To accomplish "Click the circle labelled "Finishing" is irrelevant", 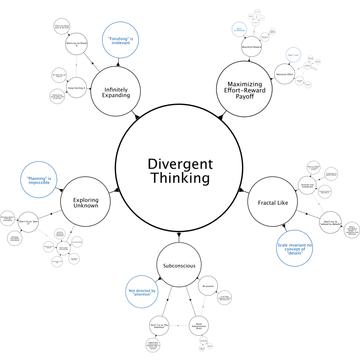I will pos(121,40).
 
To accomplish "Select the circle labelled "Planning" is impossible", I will pos(39,180).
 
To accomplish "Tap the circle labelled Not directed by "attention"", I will pos(142,292).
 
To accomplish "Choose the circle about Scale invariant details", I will pos(294,248).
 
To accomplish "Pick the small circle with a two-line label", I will pos(239,29).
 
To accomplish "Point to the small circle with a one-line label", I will pos(293,55).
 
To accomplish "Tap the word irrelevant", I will pos(121,43).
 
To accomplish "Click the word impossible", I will pos(39,183).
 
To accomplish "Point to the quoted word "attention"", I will pos(142,294).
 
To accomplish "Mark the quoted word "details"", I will pos(295,253).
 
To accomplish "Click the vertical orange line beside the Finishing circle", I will pos(76,66).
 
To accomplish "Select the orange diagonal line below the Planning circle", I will pos(47,236).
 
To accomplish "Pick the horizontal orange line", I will pos(179,325).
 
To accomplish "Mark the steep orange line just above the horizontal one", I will pos(203,306).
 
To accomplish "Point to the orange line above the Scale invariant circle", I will pos(318,203).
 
